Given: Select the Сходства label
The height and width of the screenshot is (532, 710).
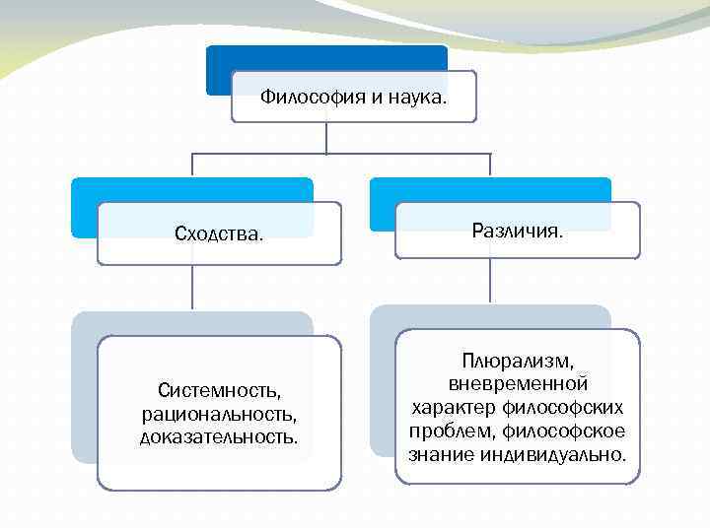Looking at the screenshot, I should pos(219,233).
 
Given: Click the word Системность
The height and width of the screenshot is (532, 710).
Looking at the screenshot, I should pos(219,391).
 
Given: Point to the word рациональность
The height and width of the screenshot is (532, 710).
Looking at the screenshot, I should pos(219,413).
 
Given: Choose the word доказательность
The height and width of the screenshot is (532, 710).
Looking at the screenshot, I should pos(219,434).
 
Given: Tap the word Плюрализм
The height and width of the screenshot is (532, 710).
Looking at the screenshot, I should pos(518,362).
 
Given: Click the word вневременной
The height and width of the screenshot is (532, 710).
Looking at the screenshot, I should pos(518,383).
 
